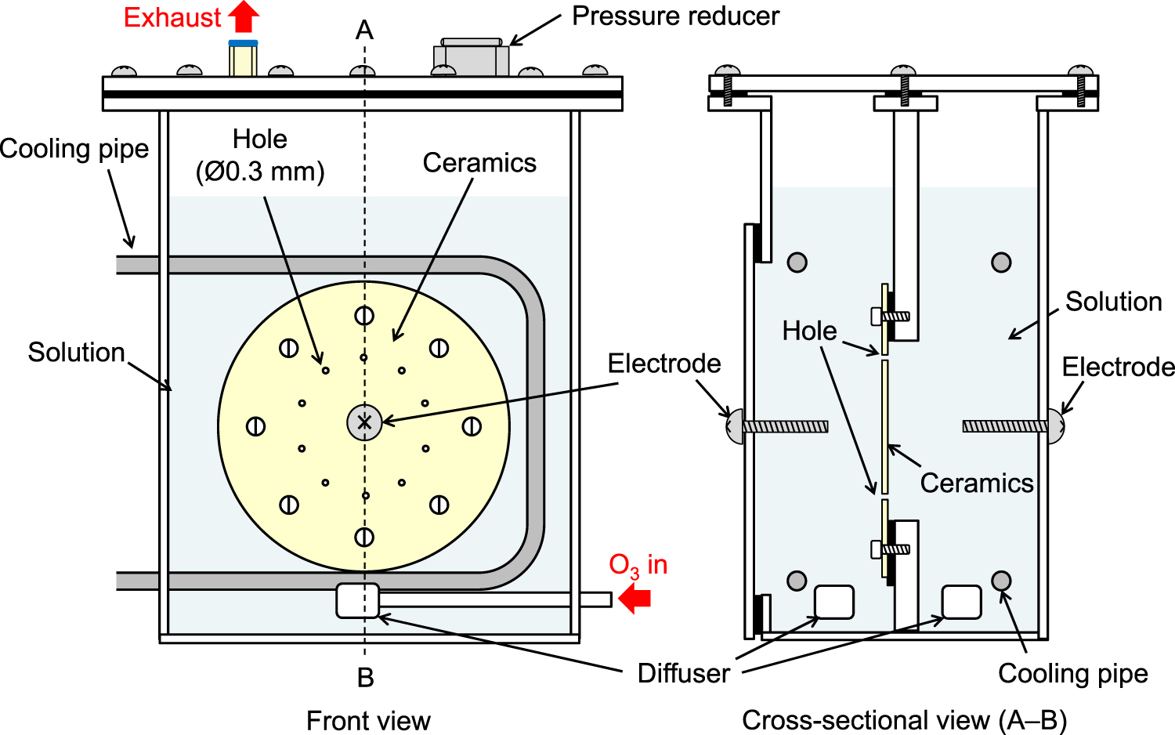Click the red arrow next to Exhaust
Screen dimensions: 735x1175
coord(245,16)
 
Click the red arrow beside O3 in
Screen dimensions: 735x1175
coord(635,599)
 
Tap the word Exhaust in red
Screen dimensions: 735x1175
coord(172,17)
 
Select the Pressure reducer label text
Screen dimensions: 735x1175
coord(675,16)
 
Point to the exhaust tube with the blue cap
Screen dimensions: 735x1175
coord(243,59)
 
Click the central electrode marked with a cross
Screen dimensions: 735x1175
coord(364,423)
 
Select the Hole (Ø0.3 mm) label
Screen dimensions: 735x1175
coord(260,155)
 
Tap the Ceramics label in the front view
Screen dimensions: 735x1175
coord(479,163)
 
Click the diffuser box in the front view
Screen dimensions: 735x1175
coord(357,601)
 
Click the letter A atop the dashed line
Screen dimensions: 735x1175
coord(364,31)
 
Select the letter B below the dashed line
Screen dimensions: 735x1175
coord(365,678)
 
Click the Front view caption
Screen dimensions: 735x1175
coord(368,720)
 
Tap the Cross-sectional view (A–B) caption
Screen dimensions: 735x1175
coord(904,720)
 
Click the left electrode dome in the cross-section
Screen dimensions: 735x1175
coord(735,426)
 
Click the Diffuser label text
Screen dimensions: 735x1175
coord(683,673)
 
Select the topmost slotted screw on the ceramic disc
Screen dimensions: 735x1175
coord(364,315)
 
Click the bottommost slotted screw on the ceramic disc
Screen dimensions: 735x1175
coord(364,537)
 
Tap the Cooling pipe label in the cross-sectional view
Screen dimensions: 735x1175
coord(1072,673)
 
